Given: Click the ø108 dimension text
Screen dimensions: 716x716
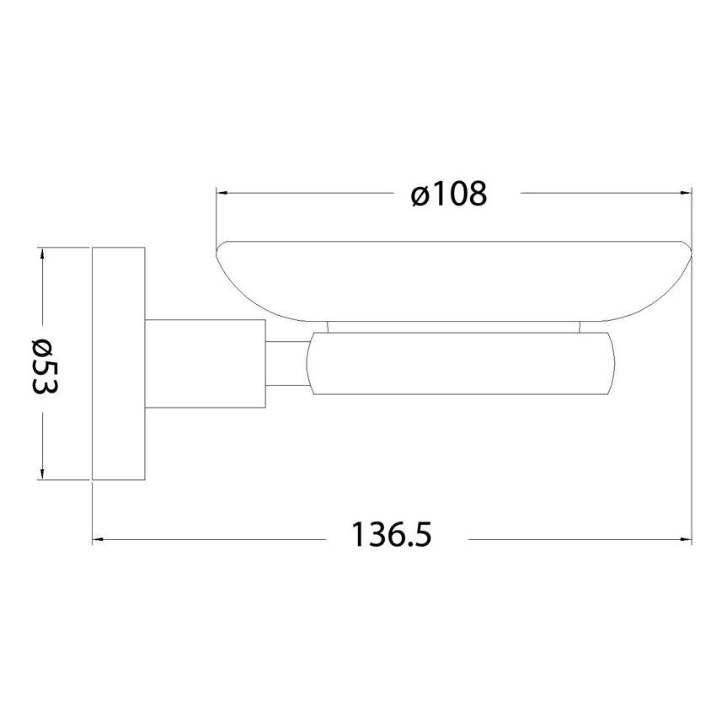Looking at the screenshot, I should pos(449,195).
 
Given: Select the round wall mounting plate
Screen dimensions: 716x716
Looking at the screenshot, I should pos(119,364).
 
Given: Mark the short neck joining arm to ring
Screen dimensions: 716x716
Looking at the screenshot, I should pos(286,364).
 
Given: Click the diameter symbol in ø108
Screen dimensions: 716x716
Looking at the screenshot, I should pos(421,196).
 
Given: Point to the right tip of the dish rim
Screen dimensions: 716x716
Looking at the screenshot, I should pos(690,247).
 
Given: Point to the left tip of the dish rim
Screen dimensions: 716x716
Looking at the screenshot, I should pos(218,247).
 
